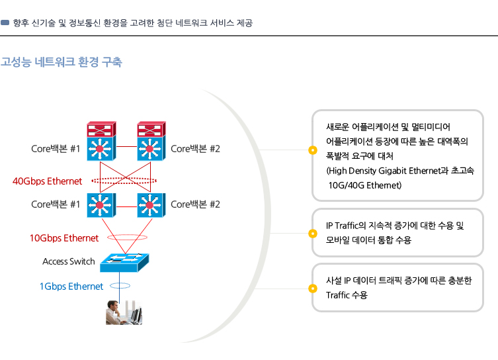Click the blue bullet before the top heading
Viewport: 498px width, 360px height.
(5, 22)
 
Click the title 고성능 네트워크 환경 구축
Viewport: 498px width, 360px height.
(62, 62)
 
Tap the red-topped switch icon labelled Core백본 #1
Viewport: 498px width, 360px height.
(101, 141)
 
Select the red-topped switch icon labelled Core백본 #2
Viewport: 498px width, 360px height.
(151, 141)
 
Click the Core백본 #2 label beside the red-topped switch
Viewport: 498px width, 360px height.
(195, 149)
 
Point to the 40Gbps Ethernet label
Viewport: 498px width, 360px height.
(48, 181)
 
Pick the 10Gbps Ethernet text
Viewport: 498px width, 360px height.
(64, 238)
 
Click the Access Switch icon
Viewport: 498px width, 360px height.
(124, 263)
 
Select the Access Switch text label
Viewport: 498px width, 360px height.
(69, 261)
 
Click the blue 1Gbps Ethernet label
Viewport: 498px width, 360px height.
(71, 287)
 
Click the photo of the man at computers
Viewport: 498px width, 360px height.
(124, 312)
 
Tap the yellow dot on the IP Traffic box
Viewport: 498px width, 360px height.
(313, 234)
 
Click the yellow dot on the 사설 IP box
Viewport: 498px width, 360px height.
(313, 288)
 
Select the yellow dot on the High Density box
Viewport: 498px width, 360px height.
(313, 150)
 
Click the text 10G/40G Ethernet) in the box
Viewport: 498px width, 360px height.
(365, 185)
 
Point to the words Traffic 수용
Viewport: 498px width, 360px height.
(347, 295)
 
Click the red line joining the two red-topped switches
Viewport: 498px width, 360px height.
(127, 146)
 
